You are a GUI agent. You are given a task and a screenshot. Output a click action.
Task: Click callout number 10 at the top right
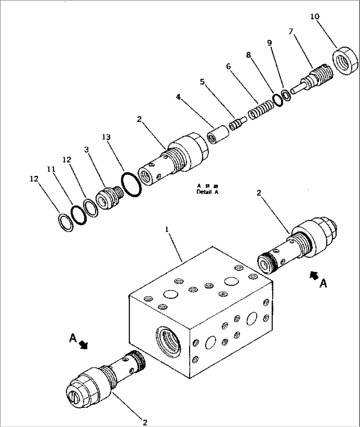click(x=314, y=16)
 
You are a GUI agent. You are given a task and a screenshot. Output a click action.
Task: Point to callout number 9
click(x=270, y=43)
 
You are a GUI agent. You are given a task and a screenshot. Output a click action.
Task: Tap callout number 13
click(x=106, y=137)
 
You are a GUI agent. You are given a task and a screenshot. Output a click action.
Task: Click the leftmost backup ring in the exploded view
click(x=66, y=222)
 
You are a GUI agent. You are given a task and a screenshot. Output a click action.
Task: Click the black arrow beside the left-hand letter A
click(x=84, y=345)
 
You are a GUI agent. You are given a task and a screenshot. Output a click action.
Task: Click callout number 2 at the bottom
click(x=144, y=422)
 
